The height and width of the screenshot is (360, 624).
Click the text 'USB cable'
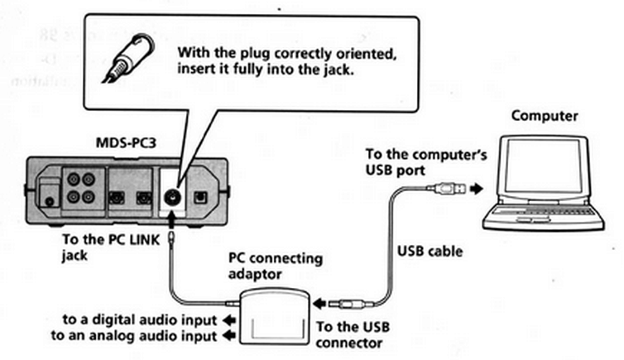430,249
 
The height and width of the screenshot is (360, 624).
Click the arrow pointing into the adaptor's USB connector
319,305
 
